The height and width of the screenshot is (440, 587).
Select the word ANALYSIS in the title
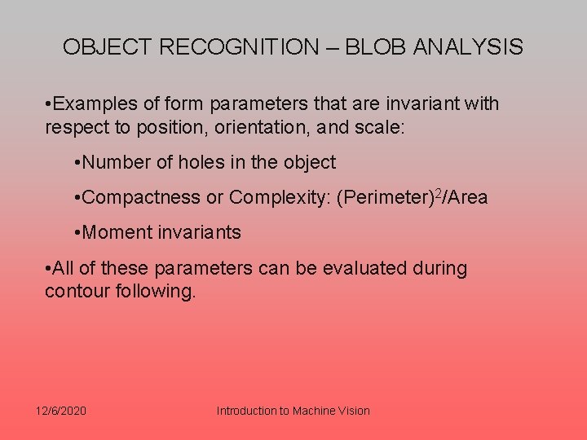tap(468, 47)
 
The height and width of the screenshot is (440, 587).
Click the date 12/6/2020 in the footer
tap(61, 411)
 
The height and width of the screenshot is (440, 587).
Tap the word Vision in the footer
tap(352, 411)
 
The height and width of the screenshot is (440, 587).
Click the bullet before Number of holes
tap(76, 163)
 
